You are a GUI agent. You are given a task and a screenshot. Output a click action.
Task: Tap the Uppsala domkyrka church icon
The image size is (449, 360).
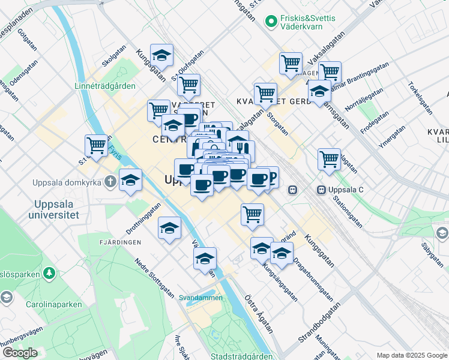(x=110, y=181)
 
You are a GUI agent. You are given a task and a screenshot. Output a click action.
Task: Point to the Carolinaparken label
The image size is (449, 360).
(x=53, y=304)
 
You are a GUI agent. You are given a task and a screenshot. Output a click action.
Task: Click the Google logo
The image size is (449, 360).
(x=19, y=352)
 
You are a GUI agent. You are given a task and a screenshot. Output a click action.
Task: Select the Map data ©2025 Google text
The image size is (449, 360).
(x=412, y=355)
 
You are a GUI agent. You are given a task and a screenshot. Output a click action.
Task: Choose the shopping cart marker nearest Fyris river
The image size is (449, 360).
(x=97, y=145)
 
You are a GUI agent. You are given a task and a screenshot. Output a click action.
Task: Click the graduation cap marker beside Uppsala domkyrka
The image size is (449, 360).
(x=130, y=179)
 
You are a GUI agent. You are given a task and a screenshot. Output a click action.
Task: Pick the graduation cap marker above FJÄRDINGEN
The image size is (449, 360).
(x=170, y=228)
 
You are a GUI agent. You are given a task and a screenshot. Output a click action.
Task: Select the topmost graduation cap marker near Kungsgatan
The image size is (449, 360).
(x=161, y=55)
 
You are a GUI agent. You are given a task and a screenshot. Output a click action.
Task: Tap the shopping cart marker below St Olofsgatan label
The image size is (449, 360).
(x=188, y=85)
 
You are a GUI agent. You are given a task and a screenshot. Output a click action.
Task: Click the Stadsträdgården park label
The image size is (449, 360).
(x=242, y=356)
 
